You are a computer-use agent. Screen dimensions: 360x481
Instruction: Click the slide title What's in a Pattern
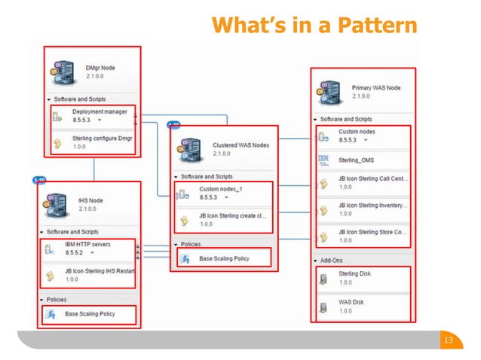[314, 26]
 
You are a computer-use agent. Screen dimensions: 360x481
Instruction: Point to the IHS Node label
[90, 200]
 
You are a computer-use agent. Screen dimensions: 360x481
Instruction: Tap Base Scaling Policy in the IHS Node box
[90, 313]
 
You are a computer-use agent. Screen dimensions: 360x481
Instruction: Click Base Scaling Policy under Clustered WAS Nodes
[224, 258]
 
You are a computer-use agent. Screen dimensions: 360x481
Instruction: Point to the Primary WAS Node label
[376, 88]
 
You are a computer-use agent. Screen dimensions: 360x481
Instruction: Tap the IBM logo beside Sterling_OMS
[323, 159]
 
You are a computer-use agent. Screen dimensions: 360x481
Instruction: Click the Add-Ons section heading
[332, 260]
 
